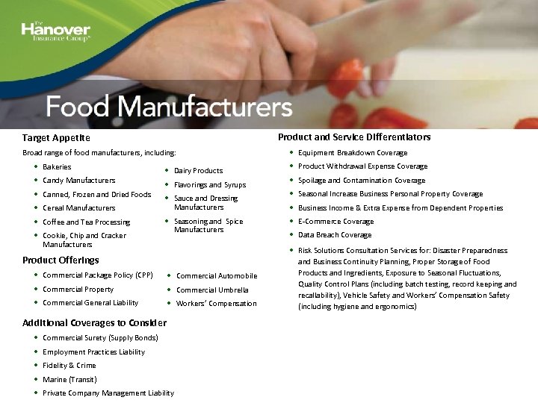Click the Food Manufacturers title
[169, 107]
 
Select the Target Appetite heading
[56, 138]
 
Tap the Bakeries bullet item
[57, 166]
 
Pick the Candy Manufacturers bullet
[78, 180]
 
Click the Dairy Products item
[198, 170]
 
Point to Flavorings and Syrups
[209, 184]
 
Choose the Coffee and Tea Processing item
[86, 222]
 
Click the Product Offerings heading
[61, 260]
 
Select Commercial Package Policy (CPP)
[97, 275]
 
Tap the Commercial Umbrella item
[212, 290]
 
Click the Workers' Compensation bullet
[216, 303]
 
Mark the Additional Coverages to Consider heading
[94, 322]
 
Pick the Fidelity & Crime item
[69, 365]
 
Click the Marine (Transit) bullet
[69, 379]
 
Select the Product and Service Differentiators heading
[354, 137]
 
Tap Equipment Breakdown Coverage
[353, 152]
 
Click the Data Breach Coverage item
[335, 234]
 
